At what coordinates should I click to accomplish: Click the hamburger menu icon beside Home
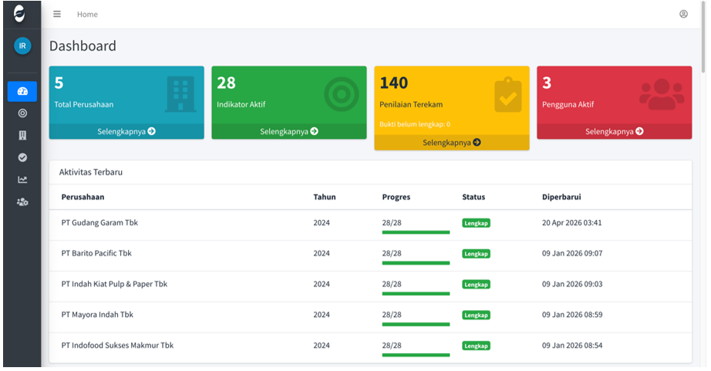[57, 14]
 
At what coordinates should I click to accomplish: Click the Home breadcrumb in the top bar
[87, 15]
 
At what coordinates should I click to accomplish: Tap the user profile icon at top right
[683, 14]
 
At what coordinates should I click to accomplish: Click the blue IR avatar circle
[22, 46]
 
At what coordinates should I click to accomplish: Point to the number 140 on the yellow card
[393, 83]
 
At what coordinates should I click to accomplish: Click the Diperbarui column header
[561, 197]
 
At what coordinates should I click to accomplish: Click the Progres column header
[396, 197]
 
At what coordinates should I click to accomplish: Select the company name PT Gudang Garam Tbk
[99, 223]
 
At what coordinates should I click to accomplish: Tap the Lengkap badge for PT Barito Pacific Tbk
[476, 254]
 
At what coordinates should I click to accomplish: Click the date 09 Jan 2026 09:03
[572, 284]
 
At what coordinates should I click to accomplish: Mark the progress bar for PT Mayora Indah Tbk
[416, 324]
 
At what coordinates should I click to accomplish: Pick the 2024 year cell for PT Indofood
[322, 345]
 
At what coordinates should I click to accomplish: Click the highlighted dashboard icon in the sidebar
[22, 91]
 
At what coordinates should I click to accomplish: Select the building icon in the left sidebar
[22, 135]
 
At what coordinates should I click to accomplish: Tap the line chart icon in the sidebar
[22, 180]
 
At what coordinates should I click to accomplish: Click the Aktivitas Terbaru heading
[91, 172]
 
